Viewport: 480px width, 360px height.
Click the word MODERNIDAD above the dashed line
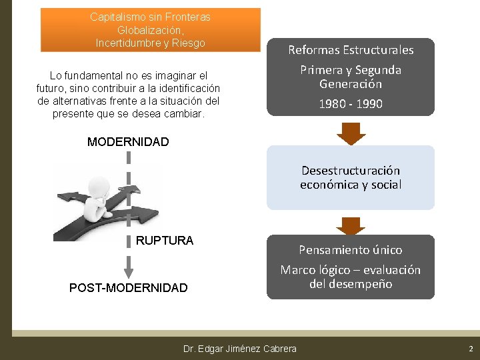click(x=128, y=142)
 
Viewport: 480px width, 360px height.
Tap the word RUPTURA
click(x=164, y=241)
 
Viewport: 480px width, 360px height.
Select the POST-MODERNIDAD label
click(x=128, y=288)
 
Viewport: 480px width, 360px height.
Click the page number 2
click(x=471, y=349)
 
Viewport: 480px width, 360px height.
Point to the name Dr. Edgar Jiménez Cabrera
click(x=239, y=349)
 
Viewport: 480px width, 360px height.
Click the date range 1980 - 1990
click(x=350, y=104)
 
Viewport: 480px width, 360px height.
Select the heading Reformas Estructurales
click(x=350, y=50)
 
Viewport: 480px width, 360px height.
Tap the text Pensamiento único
click(x=350, y=250)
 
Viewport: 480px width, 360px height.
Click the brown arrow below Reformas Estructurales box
click(x=350, y=134)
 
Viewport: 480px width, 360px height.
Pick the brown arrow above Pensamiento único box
click(x=350, y=225)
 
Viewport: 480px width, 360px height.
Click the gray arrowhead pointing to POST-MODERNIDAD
click(x=129, y=272)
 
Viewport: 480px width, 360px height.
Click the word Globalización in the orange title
click(x=150, y=31)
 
